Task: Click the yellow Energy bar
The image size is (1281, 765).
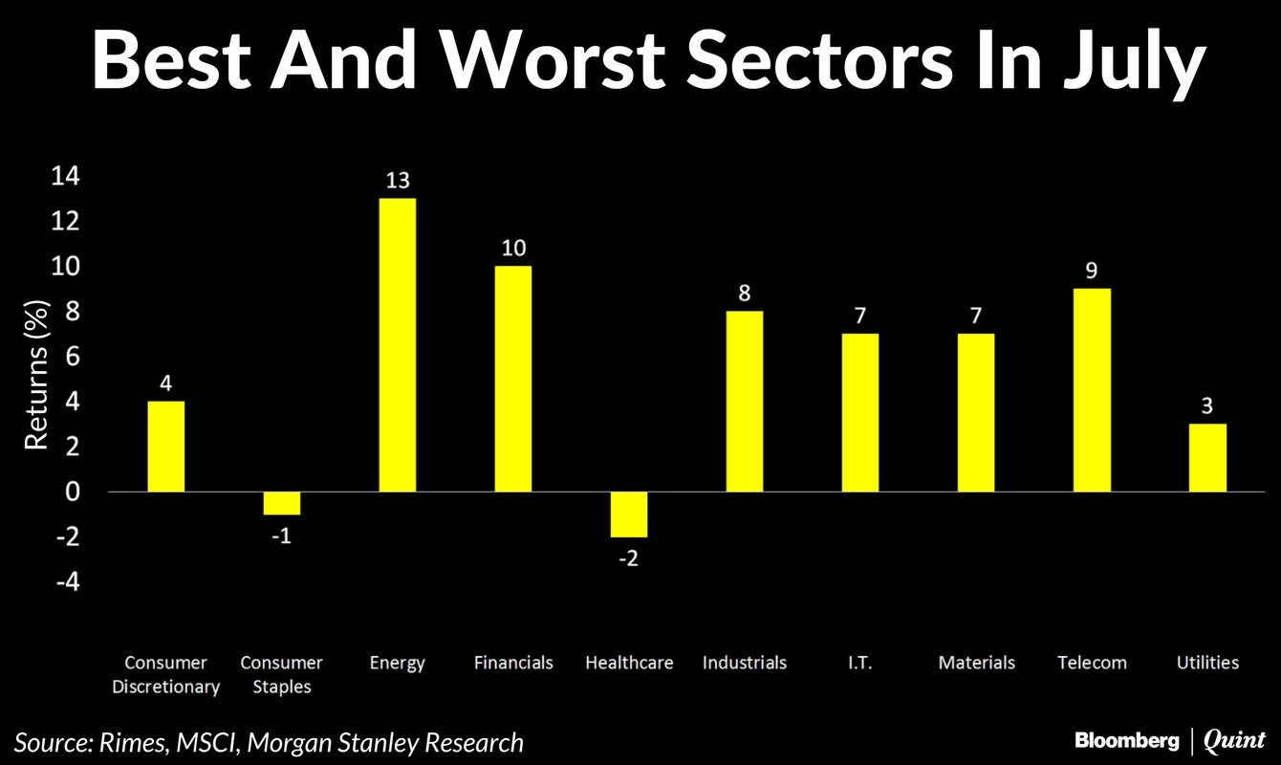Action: [397, 344]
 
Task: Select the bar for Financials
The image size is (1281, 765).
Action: [512, 379]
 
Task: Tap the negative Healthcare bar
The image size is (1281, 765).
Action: [628, 514]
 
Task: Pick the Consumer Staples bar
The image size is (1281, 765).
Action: [281, 503]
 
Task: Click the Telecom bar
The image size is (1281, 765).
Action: [1092, 390]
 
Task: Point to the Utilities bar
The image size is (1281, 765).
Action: [1207, 457]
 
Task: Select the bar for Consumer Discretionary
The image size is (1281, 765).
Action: [165, 446]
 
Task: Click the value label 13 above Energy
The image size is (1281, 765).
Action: [397, 181]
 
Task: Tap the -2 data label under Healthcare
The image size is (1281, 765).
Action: [628, 558]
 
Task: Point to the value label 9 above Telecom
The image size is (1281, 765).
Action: [1092, 271]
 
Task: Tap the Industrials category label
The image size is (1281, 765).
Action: [744, 662]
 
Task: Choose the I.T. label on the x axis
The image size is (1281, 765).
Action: [859, 662]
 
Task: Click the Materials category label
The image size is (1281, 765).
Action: [976, 662]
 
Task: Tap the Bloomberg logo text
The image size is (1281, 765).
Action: [1125, 740]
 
